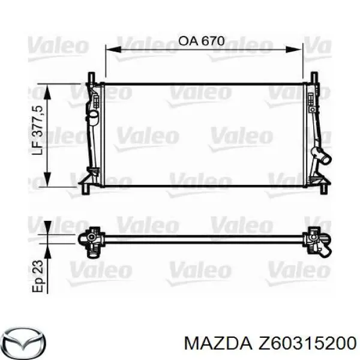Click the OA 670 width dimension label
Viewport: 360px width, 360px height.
point(202,41)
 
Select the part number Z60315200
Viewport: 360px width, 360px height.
point(303,342)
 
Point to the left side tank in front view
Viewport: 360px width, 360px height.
point(93,135)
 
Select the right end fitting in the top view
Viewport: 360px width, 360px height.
point(316,241)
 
